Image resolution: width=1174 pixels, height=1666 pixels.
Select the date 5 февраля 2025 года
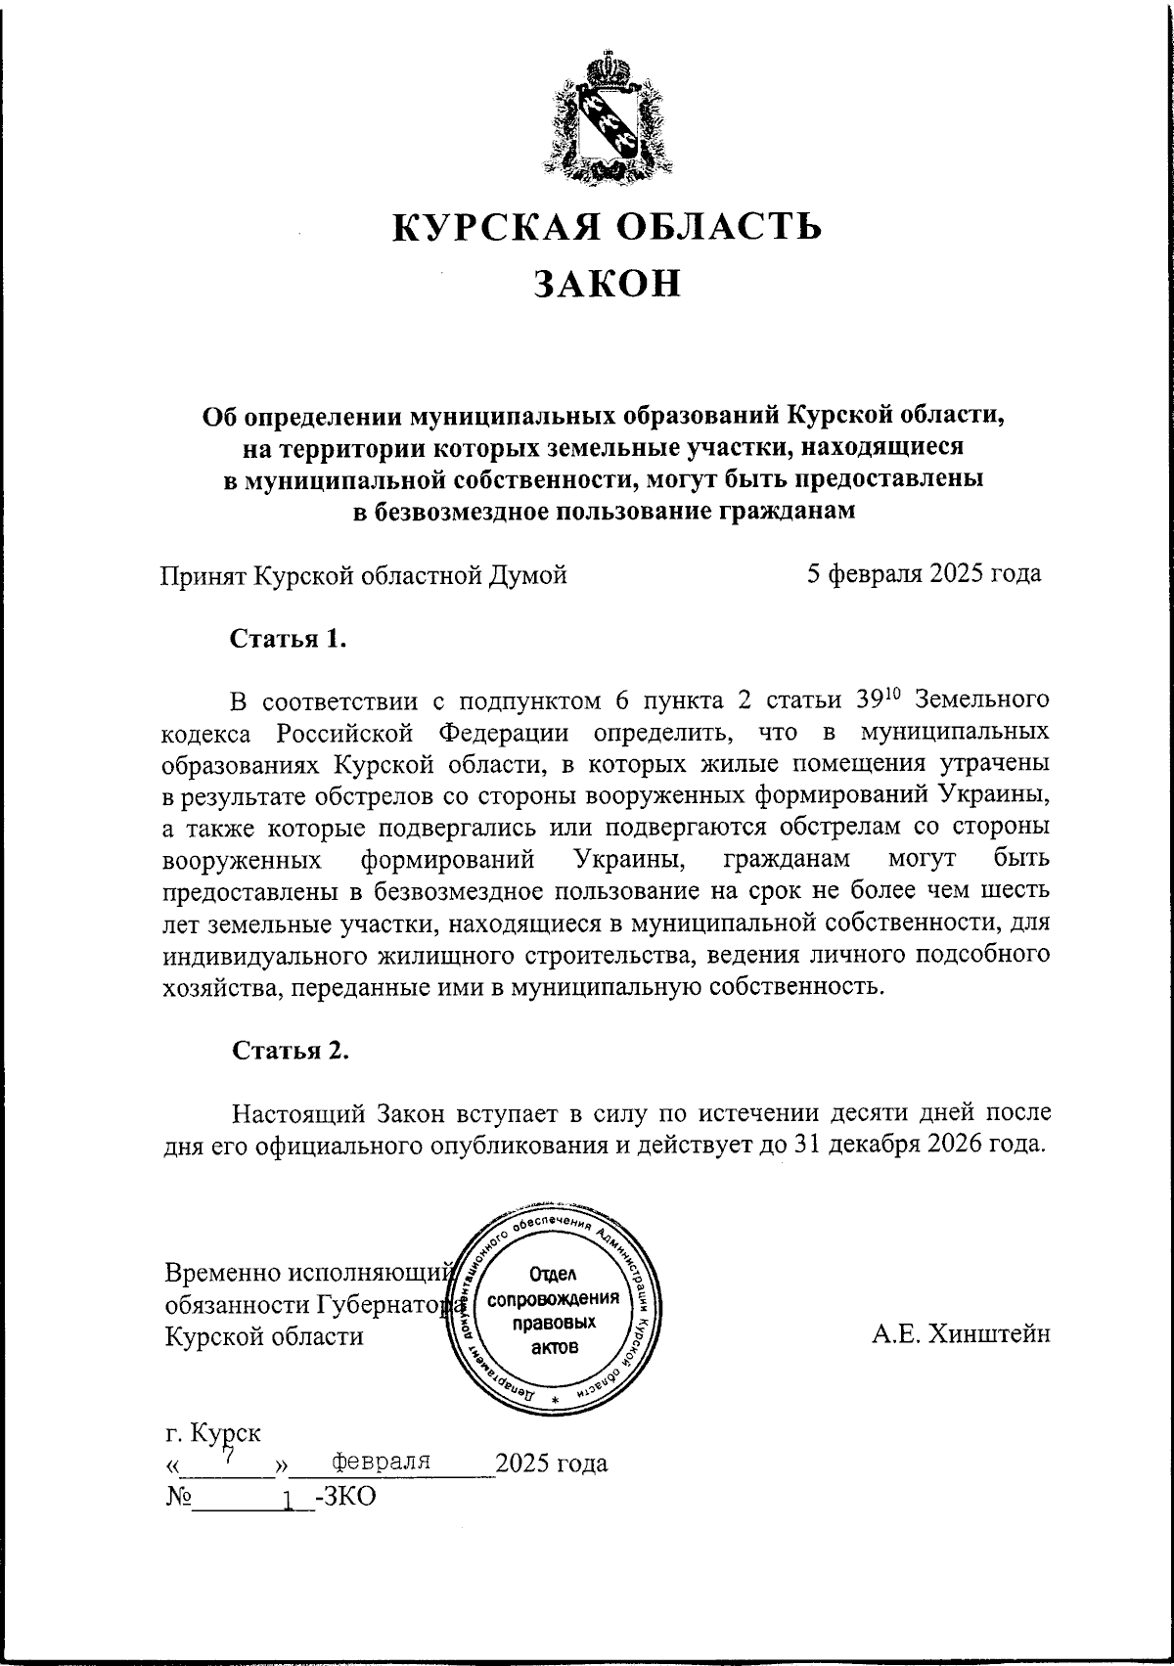click(924, 573)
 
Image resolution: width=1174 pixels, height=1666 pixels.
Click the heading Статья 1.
click(289, 640)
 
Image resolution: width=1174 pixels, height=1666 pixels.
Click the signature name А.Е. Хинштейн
click(961, 1333)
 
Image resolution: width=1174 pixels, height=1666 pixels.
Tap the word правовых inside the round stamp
click(554, 1323)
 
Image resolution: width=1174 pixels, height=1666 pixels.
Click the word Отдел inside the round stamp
click(554, 1275)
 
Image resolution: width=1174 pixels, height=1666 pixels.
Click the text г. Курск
click(213, 1433)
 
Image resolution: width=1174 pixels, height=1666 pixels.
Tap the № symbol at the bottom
click(178, 1498)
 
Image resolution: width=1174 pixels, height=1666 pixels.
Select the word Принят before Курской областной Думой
click(203, 575)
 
